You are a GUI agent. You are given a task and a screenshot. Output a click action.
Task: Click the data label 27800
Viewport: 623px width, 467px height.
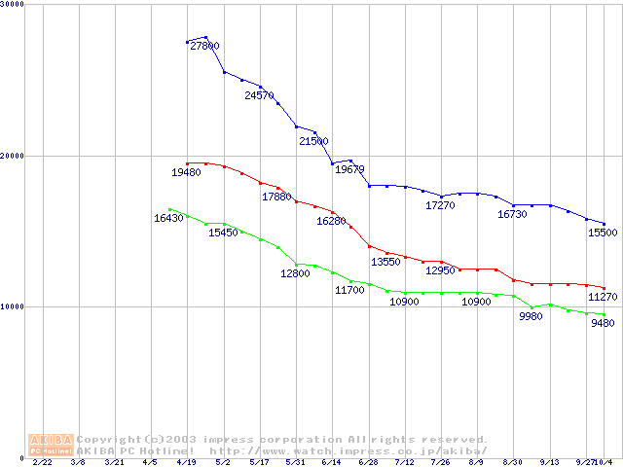[204, 46]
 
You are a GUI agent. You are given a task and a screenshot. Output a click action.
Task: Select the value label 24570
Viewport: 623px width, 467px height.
[259, 95]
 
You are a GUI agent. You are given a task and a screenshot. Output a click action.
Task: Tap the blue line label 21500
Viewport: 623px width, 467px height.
[313, 141]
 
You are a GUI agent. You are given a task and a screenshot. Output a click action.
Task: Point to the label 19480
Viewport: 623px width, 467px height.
[186, 172]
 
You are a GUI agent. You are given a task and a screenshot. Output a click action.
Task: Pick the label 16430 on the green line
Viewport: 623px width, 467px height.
[168, 218]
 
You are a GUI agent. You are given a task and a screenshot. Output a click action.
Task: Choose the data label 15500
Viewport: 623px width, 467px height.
[603, 233]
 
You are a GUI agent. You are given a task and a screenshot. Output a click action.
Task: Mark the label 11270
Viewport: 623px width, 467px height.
[603, 297]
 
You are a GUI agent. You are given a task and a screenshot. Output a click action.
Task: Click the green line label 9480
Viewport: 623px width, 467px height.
[603, 324]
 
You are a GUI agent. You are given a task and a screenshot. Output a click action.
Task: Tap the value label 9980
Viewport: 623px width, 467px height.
[531, 317]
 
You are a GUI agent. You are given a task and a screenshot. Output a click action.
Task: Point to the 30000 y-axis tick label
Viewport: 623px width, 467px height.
[13, 5]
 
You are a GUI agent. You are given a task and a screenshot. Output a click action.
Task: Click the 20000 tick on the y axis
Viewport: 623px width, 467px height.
[13, 156]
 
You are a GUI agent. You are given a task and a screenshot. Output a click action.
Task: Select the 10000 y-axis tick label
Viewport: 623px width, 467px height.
[13, 306]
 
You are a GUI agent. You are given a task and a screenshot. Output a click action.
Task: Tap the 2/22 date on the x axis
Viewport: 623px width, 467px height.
[43, 463]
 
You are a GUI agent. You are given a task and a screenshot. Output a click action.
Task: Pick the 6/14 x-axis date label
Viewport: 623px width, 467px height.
[332, 463]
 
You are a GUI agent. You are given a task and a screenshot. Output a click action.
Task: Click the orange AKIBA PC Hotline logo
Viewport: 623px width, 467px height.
[51, 445]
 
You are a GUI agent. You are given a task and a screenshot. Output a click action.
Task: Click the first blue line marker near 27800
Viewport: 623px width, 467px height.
[187, 42]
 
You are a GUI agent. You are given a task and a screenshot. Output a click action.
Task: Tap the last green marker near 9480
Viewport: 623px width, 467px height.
[605, 314]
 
